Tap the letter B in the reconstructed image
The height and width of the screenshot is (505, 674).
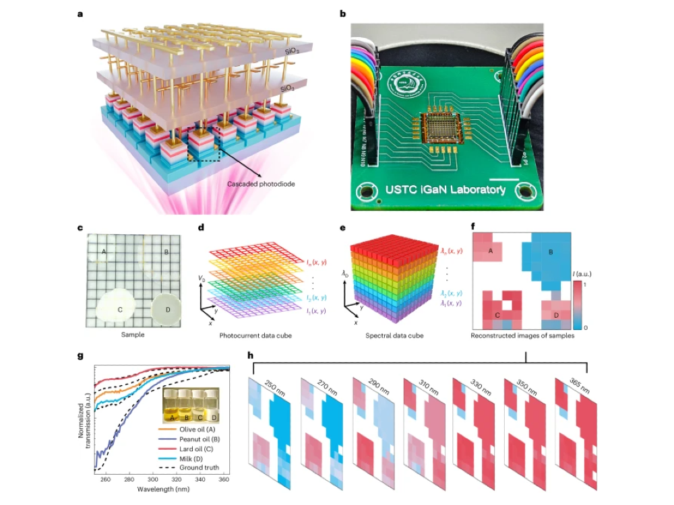550,252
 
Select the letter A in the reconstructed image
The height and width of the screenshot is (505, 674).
490,252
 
